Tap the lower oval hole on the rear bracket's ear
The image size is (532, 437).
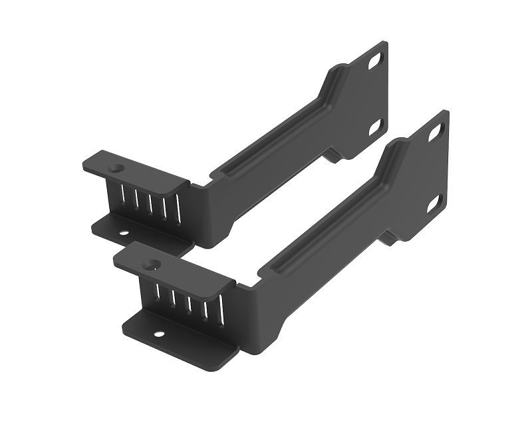pyautogui.click(x=375, y=126)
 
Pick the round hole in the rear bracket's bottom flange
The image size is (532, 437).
pyautogui.click(x=124, y=232)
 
